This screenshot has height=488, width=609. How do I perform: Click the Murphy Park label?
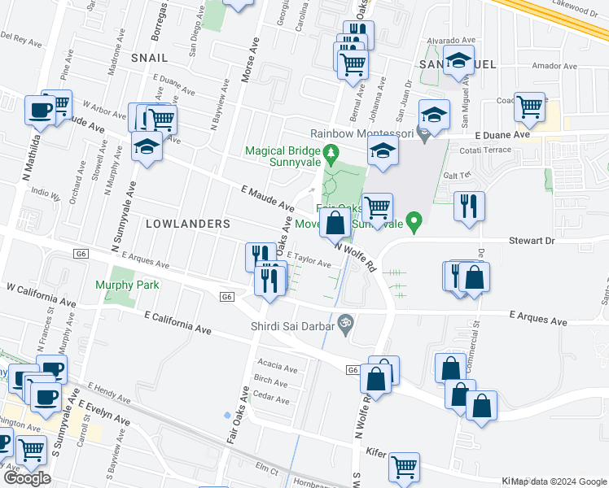pyautogui.click(x=127, y=285)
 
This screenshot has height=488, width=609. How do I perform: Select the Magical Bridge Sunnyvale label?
pyautogui.click(x=281, y=157)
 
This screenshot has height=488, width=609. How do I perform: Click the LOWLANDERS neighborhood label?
pyautogui.click(x=188, y=224)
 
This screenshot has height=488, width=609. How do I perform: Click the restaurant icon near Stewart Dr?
pyautogui.click(x=470, y=205)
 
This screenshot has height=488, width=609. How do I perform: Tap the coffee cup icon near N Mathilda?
pyautogui.click(x=40, y=110)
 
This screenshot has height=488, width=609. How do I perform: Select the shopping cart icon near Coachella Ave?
pyautogui.click(x=530, y=107)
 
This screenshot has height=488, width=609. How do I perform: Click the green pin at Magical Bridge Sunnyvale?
pyautogui.click(x=331, y=151)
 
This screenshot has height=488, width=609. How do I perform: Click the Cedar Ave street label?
pyautogui.click(x=271, y=399)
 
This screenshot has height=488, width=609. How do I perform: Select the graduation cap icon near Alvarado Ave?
pyautogui.click(x=459, y=59)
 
